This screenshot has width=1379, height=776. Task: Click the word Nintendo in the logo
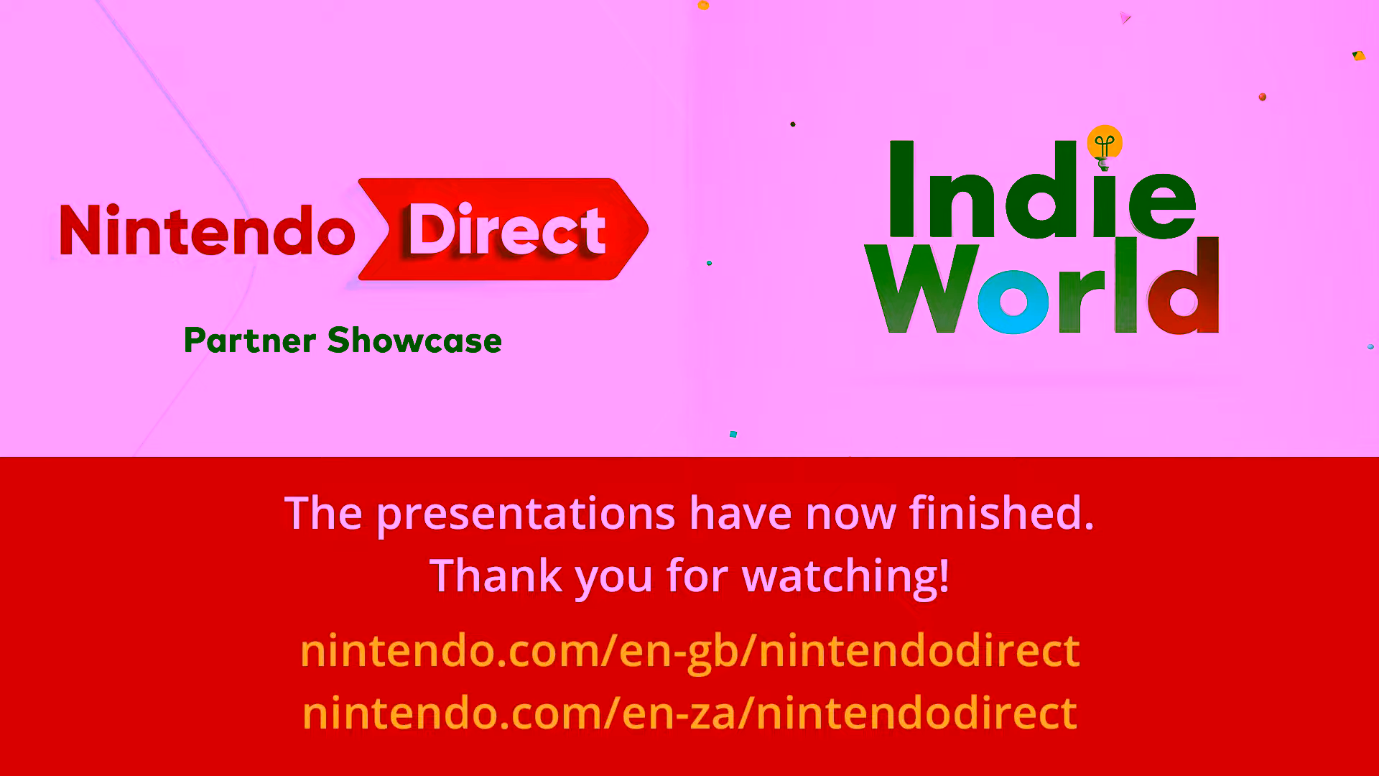pos(207,230)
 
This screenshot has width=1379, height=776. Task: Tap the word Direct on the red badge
pos(507,229)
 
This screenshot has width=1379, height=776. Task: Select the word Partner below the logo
pos(250,341)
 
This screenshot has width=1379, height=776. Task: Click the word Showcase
pos(414,341)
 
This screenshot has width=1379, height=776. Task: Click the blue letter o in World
pos(1013,302)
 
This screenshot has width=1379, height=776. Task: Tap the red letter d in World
pos(1184,286)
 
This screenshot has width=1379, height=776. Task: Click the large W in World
pos(922,288)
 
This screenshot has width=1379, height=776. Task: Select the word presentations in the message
pos(526,514)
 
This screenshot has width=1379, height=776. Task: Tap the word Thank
pos(496,576)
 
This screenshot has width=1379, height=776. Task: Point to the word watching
pos(845,577)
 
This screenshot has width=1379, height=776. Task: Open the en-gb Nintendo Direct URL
pos(689,651)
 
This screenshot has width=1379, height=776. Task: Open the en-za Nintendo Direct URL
pos(689,713)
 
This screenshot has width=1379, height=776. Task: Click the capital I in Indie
pos(901,188)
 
